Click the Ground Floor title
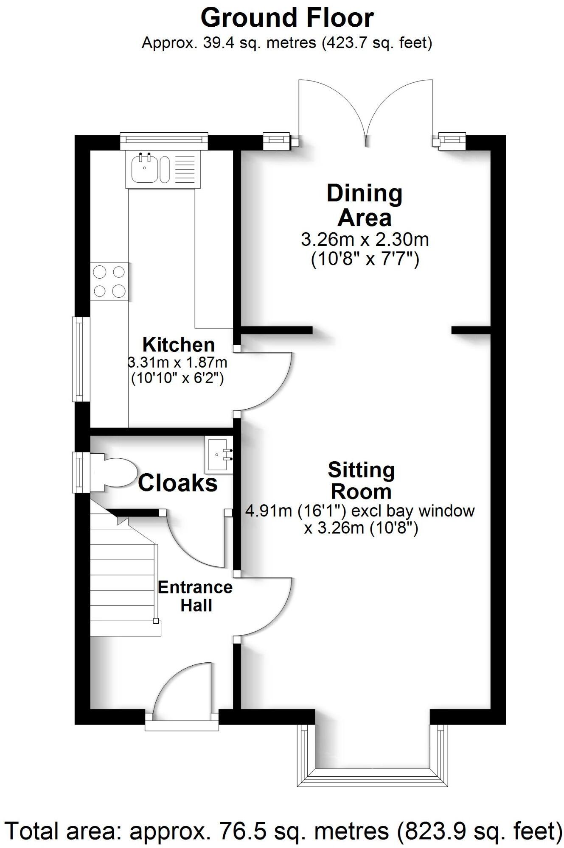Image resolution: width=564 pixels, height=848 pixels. tap(287, 18)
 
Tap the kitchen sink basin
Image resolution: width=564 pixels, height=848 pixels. tap(145, 169)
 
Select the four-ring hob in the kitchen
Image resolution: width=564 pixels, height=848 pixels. tap(109, 281)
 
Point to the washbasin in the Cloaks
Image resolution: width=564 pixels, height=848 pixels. tap(219, 455)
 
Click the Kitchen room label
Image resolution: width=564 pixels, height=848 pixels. tap(178, 345)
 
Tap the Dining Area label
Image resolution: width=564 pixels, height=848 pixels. tap(365, 206)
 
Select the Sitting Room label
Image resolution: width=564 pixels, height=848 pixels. tap(361, 480)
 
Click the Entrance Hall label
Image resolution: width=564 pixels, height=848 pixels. tap(195, 596)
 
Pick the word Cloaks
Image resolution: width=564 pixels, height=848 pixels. tap(177, 483)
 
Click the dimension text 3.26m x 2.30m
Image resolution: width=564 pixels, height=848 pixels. tap(365, 240)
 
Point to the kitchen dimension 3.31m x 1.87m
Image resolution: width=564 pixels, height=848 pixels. tap(177, 363)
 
